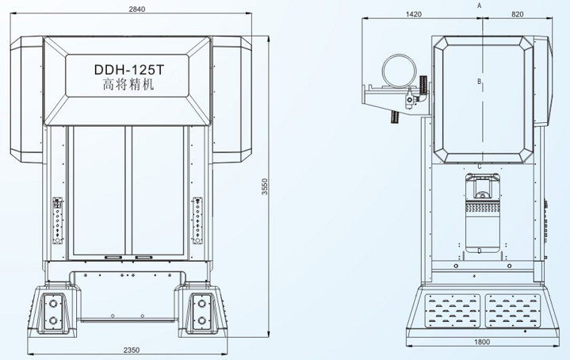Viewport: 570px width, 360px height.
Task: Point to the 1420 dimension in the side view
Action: click(x=414, y=13)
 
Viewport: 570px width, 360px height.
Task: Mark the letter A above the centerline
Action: click(x=480, y=6)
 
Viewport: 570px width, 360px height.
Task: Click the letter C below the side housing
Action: click(x=480, y=167)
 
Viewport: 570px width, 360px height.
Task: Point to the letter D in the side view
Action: click(x=480, y=251)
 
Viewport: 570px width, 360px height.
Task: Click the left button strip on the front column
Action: click(x=56, y=220)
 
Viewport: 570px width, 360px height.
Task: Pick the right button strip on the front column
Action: click(x=197, y=220)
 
